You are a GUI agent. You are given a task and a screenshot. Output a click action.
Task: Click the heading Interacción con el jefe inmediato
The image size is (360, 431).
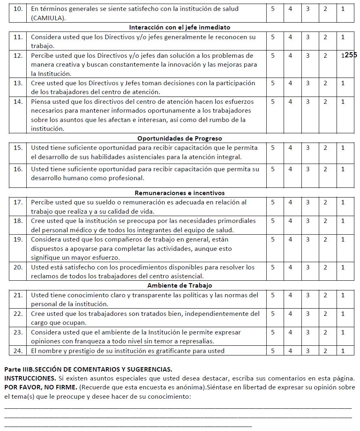point(179,27)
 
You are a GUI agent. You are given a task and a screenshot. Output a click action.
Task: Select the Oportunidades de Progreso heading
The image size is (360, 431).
point(179,139)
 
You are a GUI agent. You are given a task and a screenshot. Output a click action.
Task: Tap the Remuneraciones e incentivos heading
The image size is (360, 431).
point(179,193)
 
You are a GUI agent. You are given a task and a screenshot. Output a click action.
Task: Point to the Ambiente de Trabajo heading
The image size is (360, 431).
point(179,286)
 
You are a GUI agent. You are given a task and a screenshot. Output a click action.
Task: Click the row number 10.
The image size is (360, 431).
point(18,9)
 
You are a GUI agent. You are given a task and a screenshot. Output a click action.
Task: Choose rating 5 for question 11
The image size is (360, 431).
point(273,37)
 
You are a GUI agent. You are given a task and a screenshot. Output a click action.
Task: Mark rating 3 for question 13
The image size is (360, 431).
point(307,83)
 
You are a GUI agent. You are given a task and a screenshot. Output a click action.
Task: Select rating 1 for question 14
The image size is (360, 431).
point(343,102)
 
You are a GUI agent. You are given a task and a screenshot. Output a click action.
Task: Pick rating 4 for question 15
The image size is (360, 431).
point(290,148)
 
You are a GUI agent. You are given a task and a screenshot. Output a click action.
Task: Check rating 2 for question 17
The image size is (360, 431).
point(325,202)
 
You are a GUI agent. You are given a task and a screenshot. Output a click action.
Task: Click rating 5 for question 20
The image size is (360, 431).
point(273,267)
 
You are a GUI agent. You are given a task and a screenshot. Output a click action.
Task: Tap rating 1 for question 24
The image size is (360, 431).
point(343,351)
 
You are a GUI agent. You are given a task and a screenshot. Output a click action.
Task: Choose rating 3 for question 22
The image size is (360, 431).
point(307,314)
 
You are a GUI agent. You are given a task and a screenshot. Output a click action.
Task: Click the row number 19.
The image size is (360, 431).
point(18,240)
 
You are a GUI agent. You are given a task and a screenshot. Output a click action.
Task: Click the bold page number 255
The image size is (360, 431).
point(351,55)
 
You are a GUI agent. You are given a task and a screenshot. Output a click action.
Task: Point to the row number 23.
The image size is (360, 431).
point(18,332)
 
